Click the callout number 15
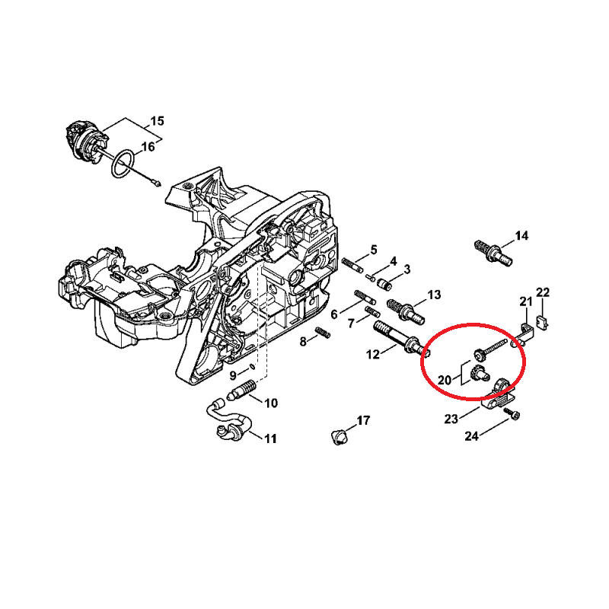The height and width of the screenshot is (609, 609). click(157, 121)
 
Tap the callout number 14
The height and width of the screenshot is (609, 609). click(521, 236)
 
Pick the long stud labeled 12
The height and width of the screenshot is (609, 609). click(401, 340)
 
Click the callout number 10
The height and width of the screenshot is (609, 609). click(271, 403)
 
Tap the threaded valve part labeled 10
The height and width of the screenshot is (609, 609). click(241, 391)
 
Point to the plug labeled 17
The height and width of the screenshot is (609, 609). click(340, 436)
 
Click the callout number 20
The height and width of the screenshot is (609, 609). click(445, 379)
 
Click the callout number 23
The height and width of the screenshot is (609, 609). click(451, 419)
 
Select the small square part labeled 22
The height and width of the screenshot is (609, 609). click(542, 323)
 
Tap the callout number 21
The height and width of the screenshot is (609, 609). click(526, 301)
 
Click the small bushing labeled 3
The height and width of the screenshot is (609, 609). click(385, 284)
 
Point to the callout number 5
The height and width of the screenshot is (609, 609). click(374, 250)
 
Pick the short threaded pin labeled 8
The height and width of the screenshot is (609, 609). click(323, 332)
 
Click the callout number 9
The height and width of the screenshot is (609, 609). click(233, 375)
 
